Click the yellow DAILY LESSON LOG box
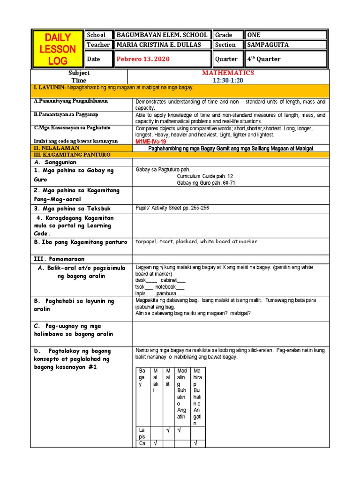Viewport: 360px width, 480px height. tap(57, 49)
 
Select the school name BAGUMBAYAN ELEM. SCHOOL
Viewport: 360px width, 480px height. tap(162, 35)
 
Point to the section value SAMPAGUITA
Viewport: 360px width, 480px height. tap(267, 45)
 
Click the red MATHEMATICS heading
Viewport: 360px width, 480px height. tap(228, 73)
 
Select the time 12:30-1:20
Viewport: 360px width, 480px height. tap(228, 81)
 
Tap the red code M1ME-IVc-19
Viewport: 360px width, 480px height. tap(151, 141)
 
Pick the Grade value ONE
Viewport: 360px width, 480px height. tap(254, 35)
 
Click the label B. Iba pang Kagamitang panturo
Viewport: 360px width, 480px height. tap(80, 242)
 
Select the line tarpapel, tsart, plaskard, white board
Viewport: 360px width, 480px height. tap(196, 242)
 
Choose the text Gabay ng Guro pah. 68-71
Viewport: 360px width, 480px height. tap(206, 183)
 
